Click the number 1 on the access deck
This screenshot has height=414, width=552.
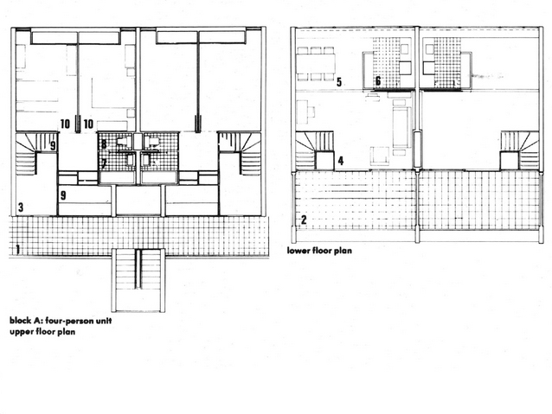pos(17,250)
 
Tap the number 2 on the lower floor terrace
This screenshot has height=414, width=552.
pos(304,220)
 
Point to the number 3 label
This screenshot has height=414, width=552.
pos(21,207)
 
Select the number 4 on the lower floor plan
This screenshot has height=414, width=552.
pos(340,161)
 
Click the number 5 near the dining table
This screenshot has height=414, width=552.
pos(338,82)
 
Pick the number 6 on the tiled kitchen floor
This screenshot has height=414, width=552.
pos(378,81)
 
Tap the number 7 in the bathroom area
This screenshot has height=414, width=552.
pos(104,163)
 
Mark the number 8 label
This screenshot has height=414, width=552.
pos(104,144)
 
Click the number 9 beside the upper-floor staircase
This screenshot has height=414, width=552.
pos(53,145)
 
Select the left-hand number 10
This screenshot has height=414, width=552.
pos(66,124)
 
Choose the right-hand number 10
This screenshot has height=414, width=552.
pos(88,124)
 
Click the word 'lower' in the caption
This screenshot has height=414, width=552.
pos(298,251)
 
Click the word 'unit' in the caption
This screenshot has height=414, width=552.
pos(106,321)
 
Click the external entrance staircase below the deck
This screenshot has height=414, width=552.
pos(138,280)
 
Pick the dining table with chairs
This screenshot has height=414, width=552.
pos(316,63)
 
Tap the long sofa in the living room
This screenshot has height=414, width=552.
pos(401,127)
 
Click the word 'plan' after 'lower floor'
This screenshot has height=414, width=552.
pos(343,251)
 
